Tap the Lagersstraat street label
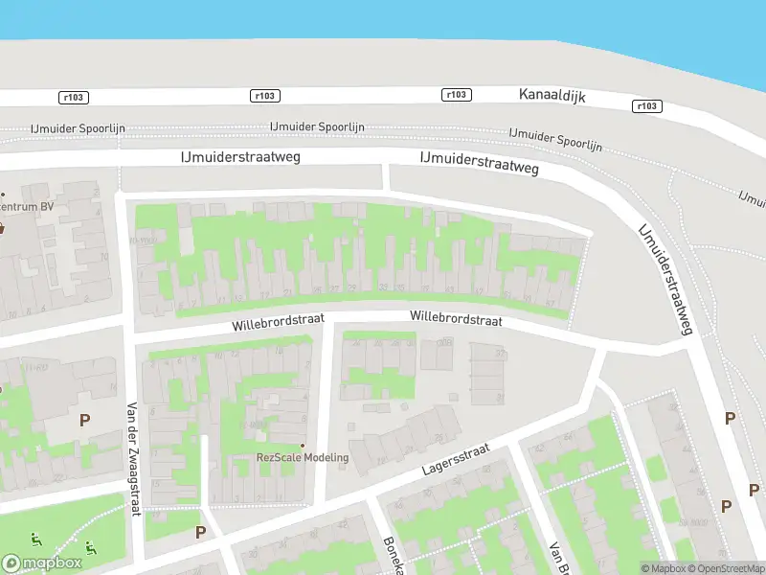click(456, 459)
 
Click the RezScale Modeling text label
click(302, 457)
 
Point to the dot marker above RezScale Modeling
click(303, 445)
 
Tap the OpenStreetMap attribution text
click(731, 568)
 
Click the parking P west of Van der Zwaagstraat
click(84, 419)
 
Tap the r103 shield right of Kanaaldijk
click(646, 106)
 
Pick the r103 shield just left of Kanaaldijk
click(458, 94)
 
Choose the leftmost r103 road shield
click(73, 97)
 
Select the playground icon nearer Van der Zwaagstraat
click(91, 547)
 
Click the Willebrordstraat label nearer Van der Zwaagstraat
click(278, 322)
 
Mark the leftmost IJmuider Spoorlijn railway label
click(79, 128)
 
